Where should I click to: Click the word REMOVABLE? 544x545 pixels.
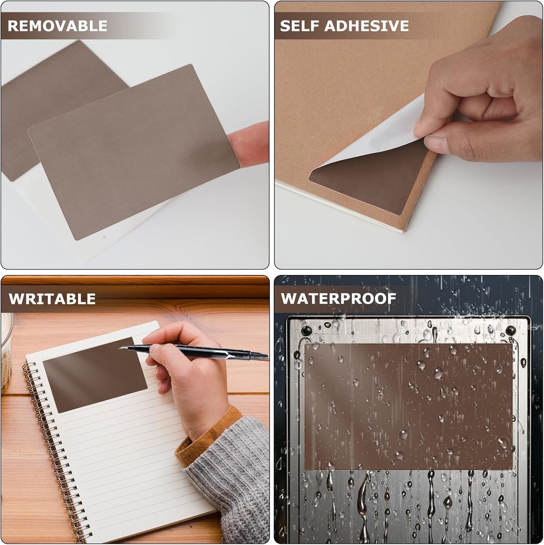point(58,26)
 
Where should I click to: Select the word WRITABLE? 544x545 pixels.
point(52,299)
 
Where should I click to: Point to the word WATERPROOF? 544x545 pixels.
point(338,299)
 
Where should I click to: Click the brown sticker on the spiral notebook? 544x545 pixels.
point(94,375)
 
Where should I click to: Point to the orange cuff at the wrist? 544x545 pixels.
point(211,433)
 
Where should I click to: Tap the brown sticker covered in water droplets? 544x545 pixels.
point(408,406)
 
